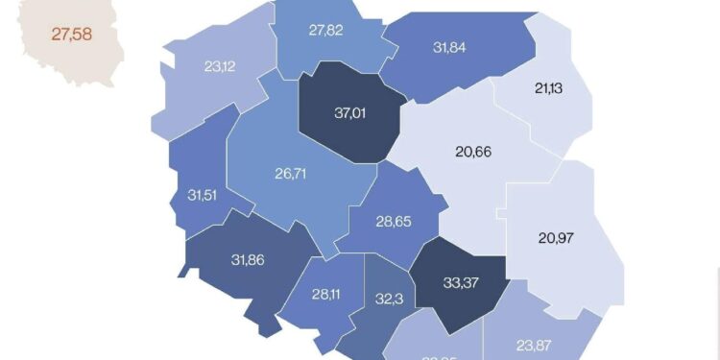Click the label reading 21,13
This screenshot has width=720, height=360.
pyautogui.click(x=548, y=89)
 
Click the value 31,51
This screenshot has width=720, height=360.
pyautogui.click(x=203, y=196)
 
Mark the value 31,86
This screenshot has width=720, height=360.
pyautogui.click(x=252, y=258)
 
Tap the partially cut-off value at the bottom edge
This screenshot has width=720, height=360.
pyautogui.click(x=440, y=356)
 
